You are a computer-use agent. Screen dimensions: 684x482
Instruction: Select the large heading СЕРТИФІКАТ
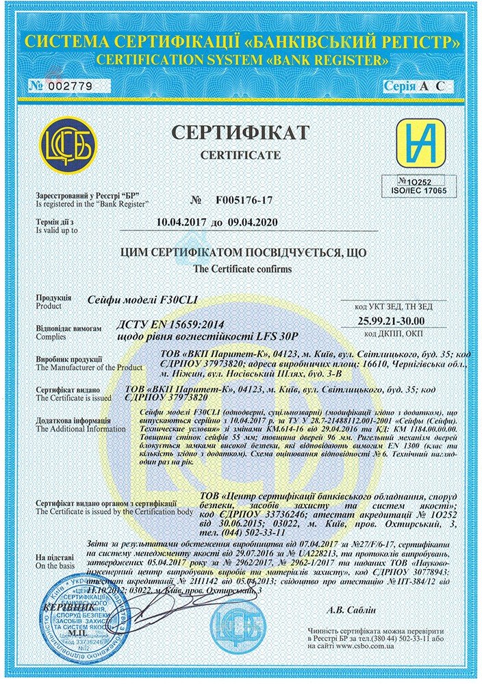240,134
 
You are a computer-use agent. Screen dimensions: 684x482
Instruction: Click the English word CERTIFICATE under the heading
240,155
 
